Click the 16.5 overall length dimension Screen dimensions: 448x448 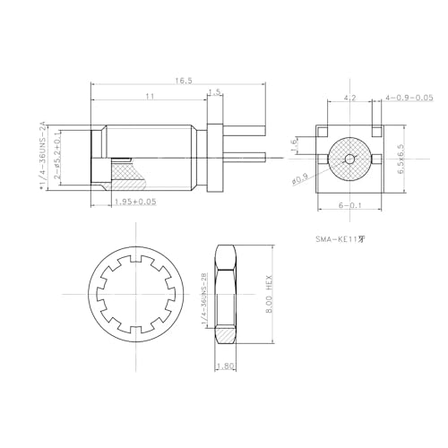183,81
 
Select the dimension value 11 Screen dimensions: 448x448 149,95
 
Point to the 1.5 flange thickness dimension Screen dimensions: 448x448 214,92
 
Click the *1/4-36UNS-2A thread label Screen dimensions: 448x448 42,157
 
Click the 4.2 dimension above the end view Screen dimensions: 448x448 350,96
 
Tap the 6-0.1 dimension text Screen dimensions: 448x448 350,205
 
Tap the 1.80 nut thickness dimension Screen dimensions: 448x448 226,366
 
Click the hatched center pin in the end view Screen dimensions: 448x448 350,158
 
